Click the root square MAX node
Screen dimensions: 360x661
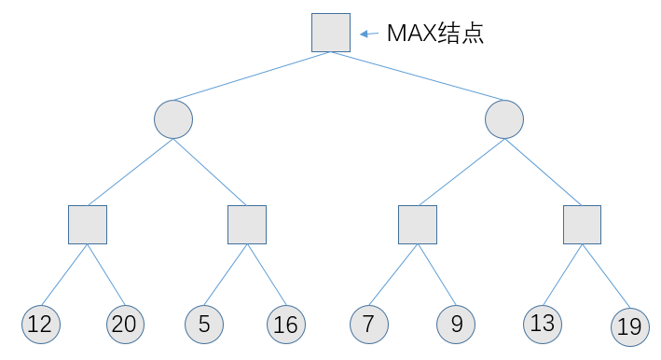[x=331, y=33]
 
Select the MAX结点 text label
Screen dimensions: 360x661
[x=435, y=34]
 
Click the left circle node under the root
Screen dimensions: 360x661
[x=173, y=119]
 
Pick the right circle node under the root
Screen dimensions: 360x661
[x=504, y=119]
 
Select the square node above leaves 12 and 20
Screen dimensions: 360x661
[x=88, y=224]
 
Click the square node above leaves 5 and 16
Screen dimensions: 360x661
[x=247, y=224]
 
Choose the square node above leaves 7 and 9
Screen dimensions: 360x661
[x=418, y=224]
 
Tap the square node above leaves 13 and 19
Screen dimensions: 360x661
[x=582, y=224]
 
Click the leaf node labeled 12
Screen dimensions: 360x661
[x=40, y=324]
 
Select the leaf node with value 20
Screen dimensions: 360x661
[x=124, y=324]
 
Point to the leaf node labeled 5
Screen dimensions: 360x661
[x=203, y=324]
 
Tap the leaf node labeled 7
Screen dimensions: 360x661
[x=368, y=324]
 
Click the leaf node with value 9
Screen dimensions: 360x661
[x=456, y=324]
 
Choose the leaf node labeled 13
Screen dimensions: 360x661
[x=542, y=323]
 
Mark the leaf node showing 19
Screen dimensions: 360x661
[x=629, y=325]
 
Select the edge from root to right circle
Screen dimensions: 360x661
[x=418, y=76]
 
